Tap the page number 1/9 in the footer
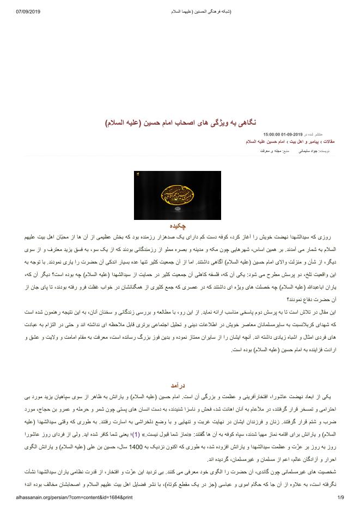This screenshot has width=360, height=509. (341, 497)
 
